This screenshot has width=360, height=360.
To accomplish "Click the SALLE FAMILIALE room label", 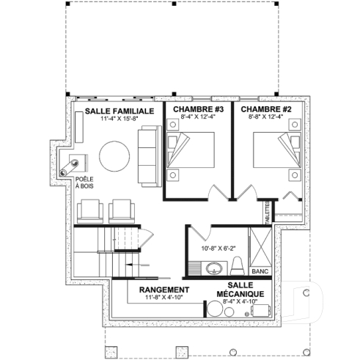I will [118, 110].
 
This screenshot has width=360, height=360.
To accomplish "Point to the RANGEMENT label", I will [164, 290].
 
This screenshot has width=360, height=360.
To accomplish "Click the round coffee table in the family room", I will [115, 155].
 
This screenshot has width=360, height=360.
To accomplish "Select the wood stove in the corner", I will [78, 163].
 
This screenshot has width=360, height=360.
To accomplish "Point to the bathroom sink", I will [215, 267].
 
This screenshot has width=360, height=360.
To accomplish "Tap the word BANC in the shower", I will [260, 271].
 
